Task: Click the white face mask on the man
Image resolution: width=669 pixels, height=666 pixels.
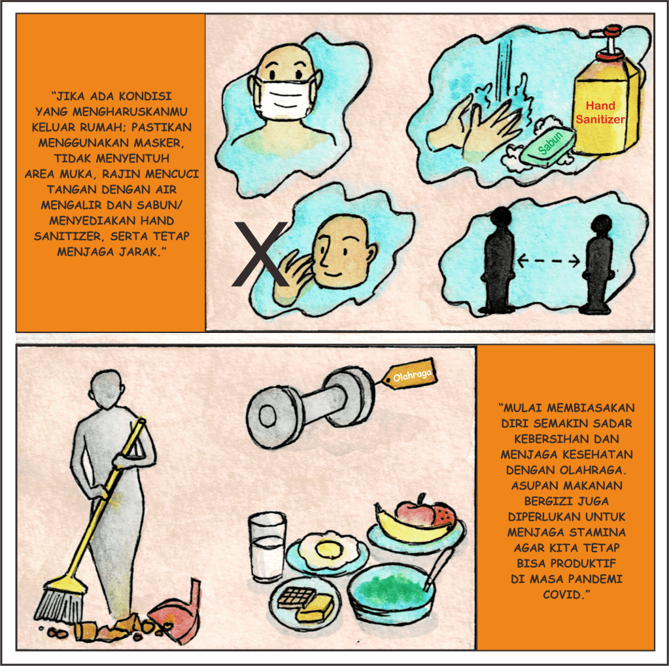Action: coord(285,97)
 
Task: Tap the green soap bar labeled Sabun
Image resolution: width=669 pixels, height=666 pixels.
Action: coord(549,146)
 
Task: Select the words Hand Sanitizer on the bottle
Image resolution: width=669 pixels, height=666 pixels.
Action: coord(600,113)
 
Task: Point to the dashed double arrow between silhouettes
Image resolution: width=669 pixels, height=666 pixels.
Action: coord(548,260)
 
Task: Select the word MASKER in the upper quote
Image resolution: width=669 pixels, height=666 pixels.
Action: coord(162,143)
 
